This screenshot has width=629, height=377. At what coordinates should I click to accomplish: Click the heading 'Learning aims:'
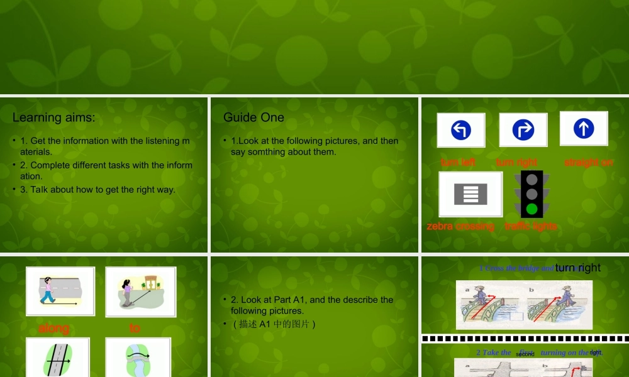coord(54,117)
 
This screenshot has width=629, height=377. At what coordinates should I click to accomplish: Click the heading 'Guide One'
coord(253,117)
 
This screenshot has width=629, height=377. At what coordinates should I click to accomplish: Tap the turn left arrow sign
coord(461,130)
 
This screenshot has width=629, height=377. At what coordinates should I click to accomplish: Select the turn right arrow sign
coord(523,130)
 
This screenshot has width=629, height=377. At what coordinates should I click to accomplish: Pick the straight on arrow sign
coord(584,128)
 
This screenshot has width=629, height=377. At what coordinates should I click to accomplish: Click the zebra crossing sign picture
coord(470,194)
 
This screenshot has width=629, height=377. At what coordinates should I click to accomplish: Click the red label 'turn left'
coord(458,162)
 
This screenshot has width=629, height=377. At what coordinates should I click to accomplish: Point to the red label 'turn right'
coord(516,162)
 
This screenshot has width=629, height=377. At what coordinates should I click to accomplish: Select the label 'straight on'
coord(588,162)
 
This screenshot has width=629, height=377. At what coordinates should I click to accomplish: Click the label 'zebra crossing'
coord(460,226)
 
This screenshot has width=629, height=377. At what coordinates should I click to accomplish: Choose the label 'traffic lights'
coord(530,226)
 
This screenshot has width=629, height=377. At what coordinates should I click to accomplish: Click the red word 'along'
coord(54,328)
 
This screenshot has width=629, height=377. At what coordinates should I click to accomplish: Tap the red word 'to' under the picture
coord(135,328)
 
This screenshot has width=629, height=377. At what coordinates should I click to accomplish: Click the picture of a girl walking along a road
coord(60,291)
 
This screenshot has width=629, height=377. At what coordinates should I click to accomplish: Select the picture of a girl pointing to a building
coord(141,291)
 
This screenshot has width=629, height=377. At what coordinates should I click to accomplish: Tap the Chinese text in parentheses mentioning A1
coord(274,324)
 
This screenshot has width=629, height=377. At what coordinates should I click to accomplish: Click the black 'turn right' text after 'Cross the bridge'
coord(577,268)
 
